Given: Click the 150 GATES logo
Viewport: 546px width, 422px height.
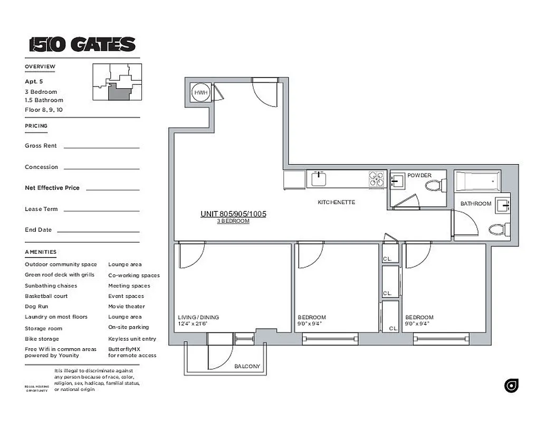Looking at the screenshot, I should [82, 44].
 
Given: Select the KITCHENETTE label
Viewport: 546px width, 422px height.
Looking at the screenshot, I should [336, 202].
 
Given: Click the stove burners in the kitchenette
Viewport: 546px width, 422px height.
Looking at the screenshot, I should [377, 179].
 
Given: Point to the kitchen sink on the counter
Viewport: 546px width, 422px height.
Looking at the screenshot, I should [318, 179].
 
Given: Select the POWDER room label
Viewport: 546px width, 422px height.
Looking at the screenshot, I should [419, 175].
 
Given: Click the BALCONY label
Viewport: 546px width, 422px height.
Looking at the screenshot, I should [247, 366].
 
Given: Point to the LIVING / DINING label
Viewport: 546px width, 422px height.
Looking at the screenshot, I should [198, 318].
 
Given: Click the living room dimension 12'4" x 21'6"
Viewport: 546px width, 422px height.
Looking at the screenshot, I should [193, 324].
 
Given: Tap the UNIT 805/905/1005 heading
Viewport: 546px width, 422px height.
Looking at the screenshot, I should [233, 214].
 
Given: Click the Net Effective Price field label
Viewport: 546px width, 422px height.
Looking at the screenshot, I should [52, 188].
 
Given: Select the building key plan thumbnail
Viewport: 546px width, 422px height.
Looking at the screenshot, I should [117, 82].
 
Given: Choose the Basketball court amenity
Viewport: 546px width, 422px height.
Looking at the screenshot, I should [46, 296].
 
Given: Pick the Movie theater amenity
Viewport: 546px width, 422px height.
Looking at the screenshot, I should [127, 306].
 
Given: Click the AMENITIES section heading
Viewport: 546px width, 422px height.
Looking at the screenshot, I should [41, 252].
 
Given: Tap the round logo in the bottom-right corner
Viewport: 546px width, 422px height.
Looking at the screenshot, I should [511, 386].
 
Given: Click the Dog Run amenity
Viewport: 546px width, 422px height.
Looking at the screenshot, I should [36, 306].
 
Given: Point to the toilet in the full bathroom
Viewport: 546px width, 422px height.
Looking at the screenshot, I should [499, 229].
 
